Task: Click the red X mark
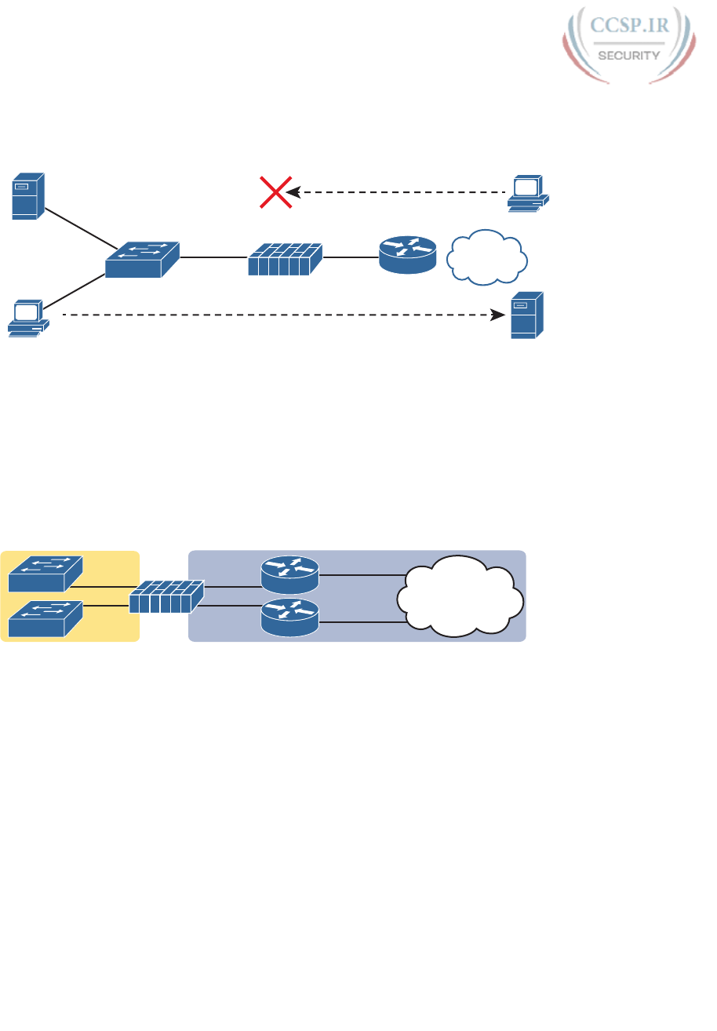276,192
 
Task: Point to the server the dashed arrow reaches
527,315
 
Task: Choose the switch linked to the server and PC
142,258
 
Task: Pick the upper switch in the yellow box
44,574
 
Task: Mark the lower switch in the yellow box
44,618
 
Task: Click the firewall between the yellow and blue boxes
166,597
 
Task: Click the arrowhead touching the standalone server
497,315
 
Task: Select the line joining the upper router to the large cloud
361,575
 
